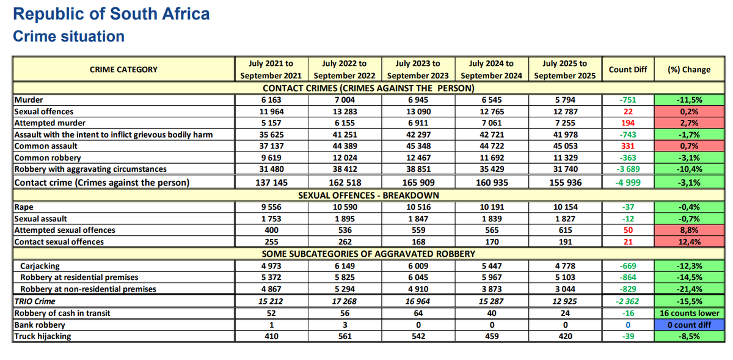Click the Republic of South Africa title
click(111, 14)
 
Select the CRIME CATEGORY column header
click(123, 70)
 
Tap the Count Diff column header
click(628, 70)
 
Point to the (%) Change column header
click(689, 70)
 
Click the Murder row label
click(29, 100)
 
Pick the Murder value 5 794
click(565, 100)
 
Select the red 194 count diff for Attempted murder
click(628, 123)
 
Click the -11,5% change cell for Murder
click(689, 100)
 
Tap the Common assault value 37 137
click(271, 146)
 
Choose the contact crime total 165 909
click(418, 183)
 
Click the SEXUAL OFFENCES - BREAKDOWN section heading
click(368, 196)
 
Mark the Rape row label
click(24, 207)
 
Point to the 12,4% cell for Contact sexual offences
click(689, 242)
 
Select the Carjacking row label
click(40, 266)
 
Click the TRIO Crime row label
click(35, 301)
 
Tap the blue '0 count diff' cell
click(689, 325)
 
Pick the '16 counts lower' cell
click(689, 313)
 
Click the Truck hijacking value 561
click(345, 336)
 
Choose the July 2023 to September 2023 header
click(418, 70)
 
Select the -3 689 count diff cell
click(628, 169)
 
